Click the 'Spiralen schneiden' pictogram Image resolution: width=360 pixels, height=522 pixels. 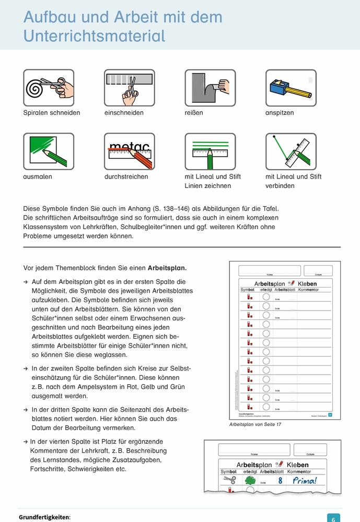pos(49,88)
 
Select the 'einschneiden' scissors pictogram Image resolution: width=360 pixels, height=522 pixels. pos(130,88)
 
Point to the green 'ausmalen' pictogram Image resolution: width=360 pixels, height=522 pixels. pos(49,151)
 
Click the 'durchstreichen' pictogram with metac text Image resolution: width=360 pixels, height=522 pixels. pos(130,151)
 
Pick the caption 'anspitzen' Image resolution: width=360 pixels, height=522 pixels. pos(280,113)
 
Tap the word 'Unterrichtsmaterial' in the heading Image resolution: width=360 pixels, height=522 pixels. pos(94,35)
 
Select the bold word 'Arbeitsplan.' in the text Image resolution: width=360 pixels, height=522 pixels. pos(167,268)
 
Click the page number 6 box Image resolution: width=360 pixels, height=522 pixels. pos(334,517)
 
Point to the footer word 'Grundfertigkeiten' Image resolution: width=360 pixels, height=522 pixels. pos(44,517)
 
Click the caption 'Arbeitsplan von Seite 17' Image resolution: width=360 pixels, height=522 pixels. pos(256,424)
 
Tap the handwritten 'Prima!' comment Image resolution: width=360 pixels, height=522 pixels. pos(304,481)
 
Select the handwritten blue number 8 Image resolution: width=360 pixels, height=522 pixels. pos(280,481)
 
